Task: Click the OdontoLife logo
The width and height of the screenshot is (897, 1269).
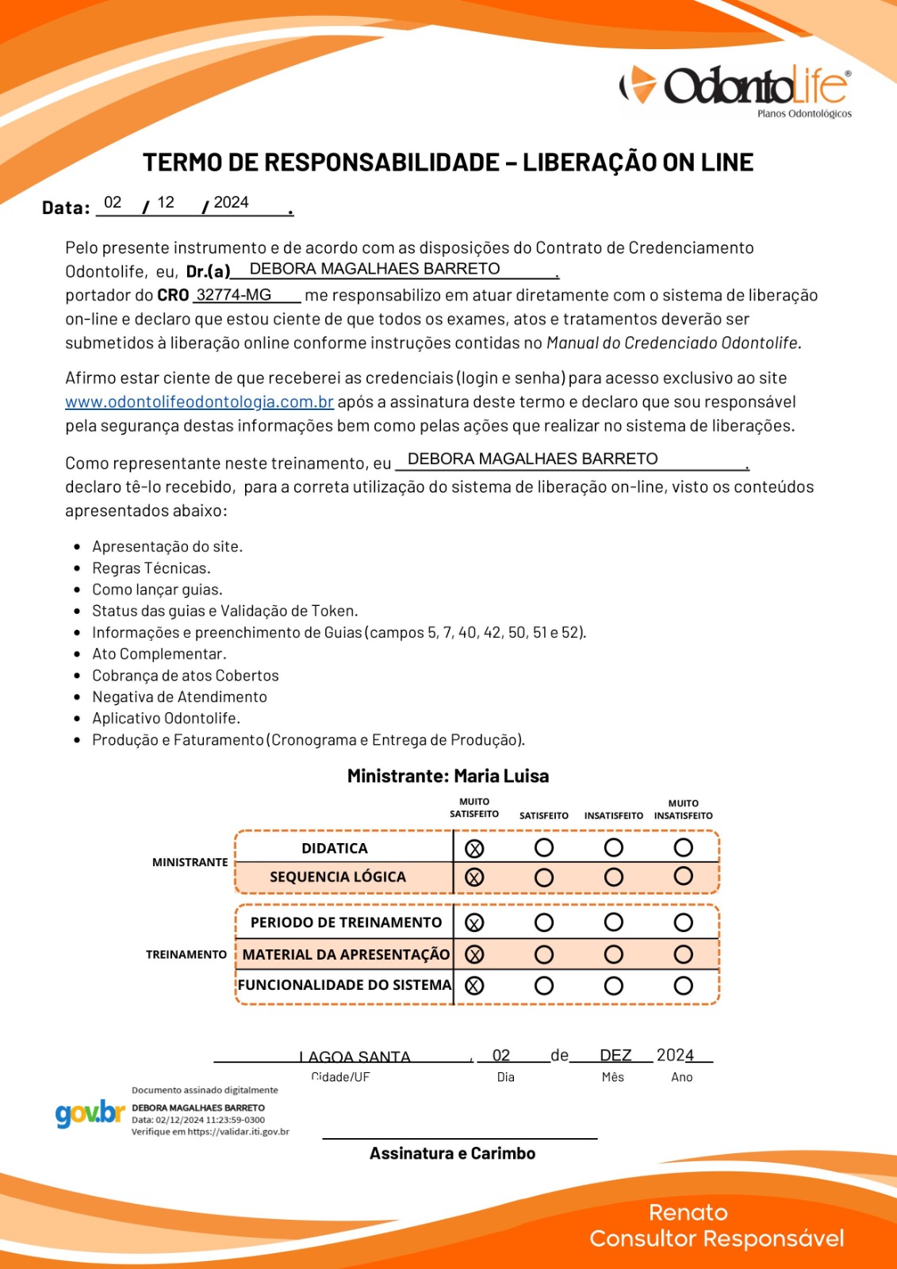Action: pos(734,88)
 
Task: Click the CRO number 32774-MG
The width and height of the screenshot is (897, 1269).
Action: pos(233,295)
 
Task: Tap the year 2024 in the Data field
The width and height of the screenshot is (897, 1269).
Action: pos(231,203)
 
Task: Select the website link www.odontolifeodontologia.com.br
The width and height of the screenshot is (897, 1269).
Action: pos(199,402)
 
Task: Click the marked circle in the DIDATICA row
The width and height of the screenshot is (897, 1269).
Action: pos(474,849)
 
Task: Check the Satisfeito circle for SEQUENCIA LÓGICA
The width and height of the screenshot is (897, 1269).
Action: pos(544,877)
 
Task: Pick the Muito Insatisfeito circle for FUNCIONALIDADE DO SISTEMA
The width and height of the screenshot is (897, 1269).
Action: pos(683,985)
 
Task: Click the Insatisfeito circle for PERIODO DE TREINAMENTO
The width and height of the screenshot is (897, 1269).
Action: pos(613,922)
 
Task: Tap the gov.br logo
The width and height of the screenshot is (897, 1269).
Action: pos(90,1114)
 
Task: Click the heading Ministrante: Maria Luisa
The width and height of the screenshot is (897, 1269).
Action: pos(448,776)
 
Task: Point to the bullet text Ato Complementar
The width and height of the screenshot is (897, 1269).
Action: pos(159,654)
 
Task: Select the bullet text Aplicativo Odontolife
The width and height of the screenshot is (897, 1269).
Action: pos(166,719)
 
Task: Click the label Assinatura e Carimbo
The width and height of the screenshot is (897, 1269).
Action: pos(452,1154)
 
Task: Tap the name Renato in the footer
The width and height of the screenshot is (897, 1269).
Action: pos(688,1213)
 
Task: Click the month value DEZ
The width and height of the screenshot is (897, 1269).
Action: pos(615,1056)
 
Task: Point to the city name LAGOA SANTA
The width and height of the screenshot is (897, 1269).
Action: pos(355,1057)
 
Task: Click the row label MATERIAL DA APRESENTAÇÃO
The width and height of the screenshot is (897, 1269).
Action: pos(346,955)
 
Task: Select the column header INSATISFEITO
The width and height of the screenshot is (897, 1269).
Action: pos(613,815)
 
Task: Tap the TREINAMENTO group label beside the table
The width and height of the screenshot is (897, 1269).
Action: pos(186,955)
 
